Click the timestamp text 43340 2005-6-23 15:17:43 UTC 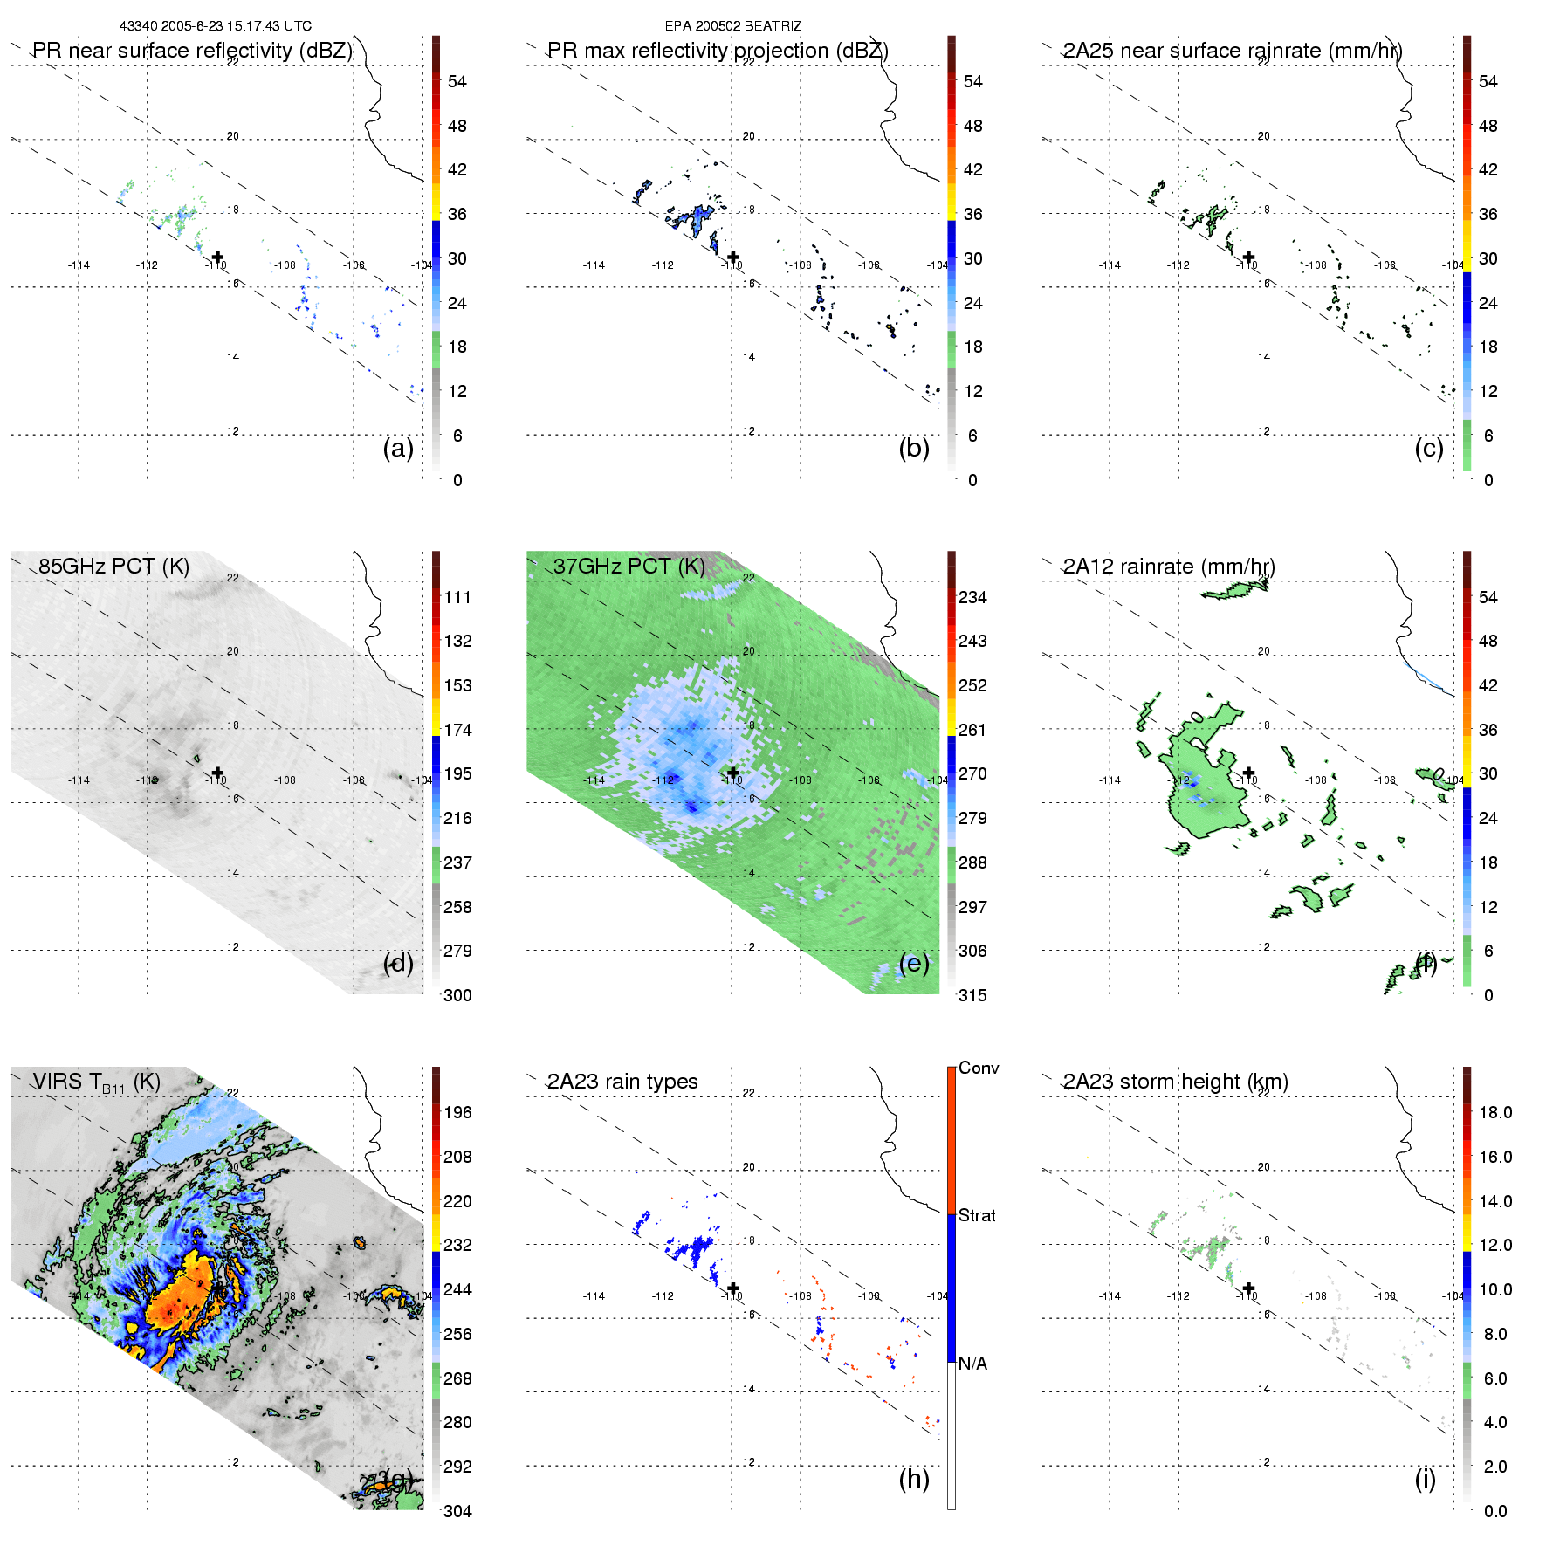pos(215,26)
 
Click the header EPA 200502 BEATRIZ pos(732,26)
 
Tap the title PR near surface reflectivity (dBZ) pos(193,51)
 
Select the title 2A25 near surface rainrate pos(1232,51)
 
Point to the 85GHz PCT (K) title pos(113,567)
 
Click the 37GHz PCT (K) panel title pos(629,567)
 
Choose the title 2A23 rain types pos(622,1082)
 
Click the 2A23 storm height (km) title pos(1175,1082)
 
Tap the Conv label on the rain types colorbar pos(979,1068)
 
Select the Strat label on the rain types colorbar pos(977,1215)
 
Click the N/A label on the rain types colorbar pos(972,1364)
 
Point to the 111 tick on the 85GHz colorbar pos(457,597)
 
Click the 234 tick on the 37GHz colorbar pos(972,597)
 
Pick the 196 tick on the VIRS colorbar pos(457,1112)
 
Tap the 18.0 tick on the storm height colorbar pos(1495,1112)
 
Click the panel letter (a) pos(398,449)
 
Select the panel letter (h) pos(914,1479)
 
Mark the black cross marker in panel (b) pos(733,257)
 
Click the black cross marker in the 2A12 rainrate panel pos(1249,773)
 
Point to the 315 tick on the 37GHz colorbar pos(972,995)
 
